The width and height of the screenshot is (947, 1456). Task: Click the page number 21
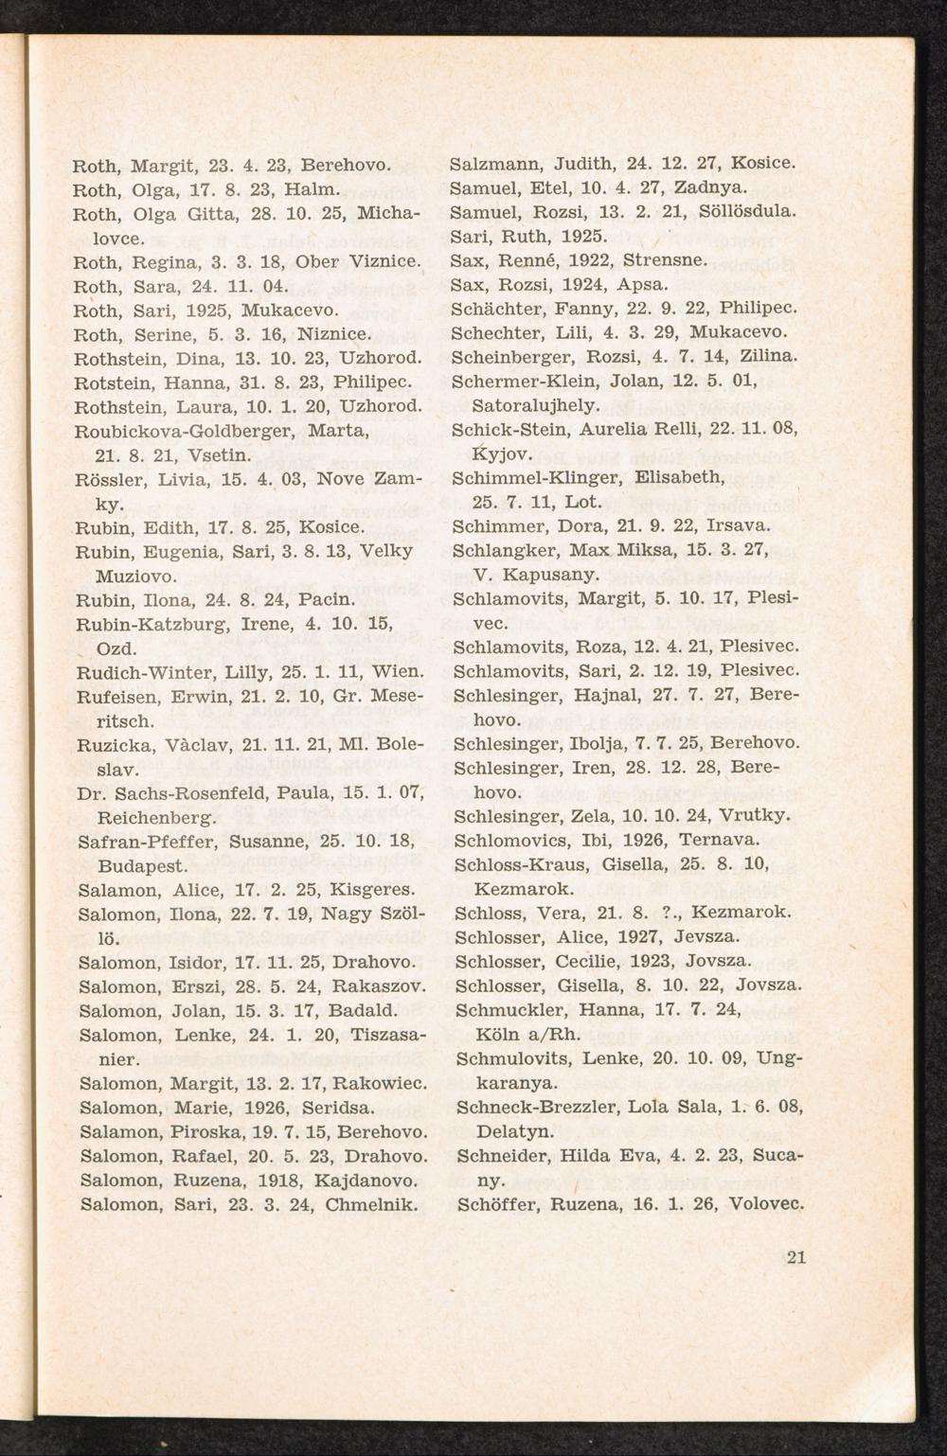tap(795, 1257)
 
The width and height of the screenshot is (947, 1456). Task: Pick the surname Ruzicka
tap(115, 744)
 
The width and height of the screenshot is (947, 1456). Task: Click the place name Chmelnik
tap(372, 1205)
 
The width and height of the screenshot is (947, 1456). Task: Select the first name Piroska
tap(206, 1131)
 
